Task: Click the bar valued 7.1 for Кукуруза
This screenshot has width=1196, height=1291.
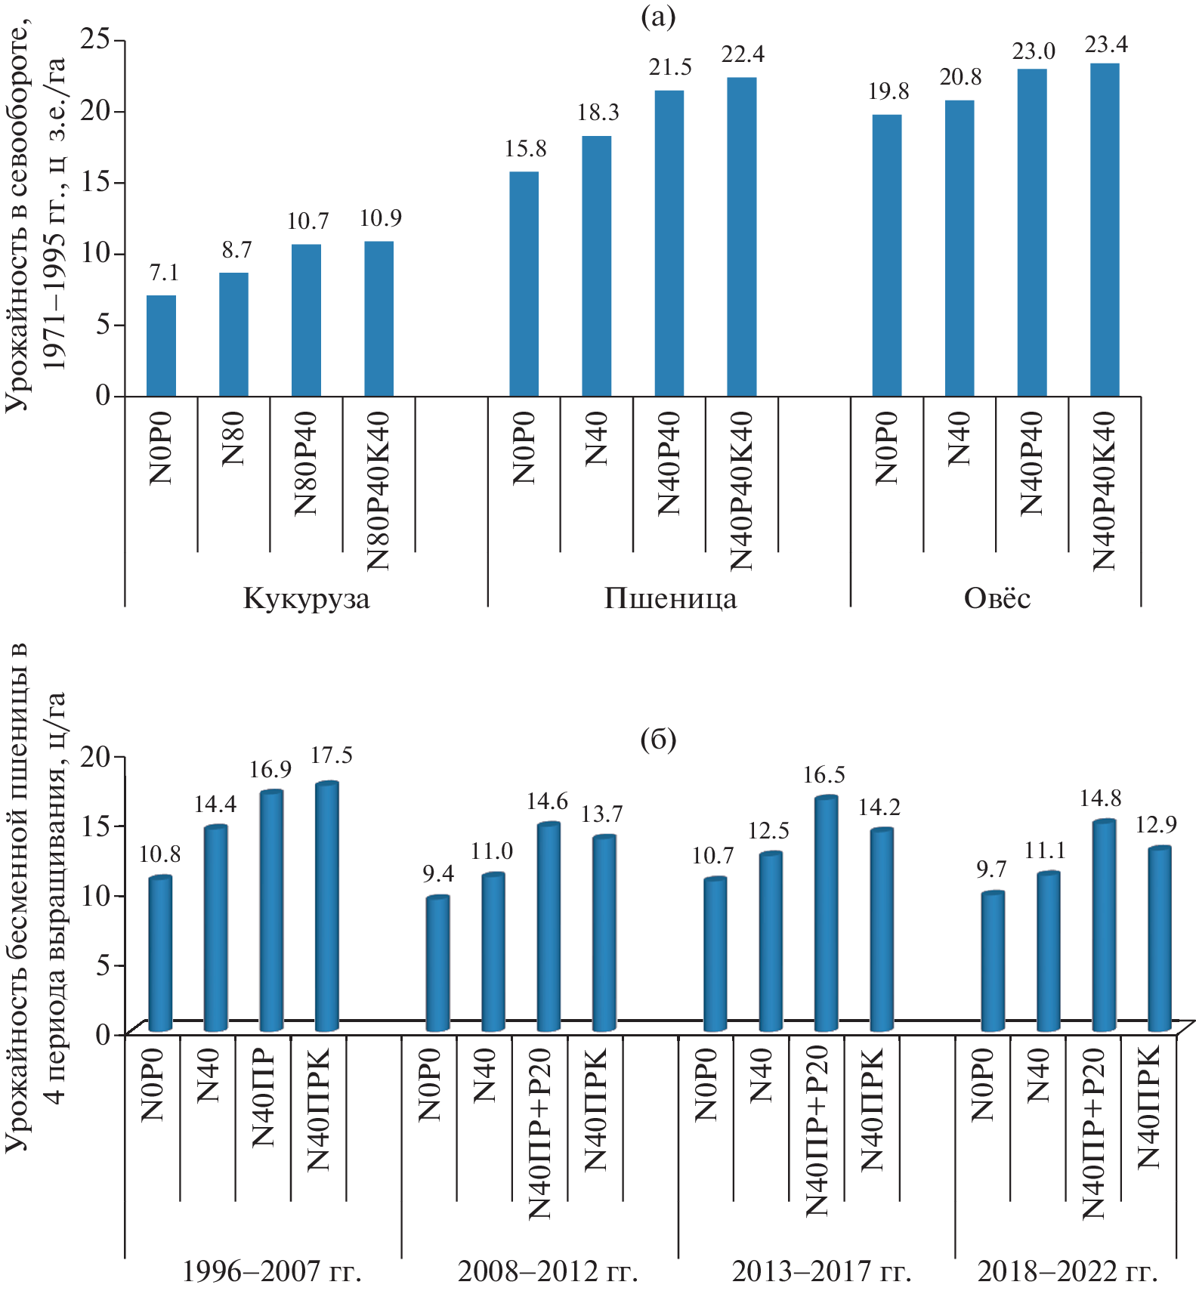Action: click(161, 346)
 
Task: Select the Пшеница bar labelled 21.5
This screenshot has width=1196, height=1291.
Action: click(669, 243)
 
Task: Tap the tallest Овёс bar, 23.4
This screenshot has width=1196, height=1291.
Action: click(1105, 230)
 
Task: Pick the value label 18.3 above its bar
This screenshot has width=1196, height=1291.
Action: click(598, 113)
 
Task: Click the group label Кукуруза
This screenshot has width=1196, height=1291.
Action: click(306, 598)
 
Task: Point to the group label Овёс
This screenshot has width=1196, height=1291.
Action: click(997, 598)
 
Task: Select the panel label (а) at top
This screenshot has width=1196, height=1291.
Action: click(657, 16)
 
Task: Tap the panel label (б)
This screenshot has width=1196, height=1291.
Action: click(657, 739)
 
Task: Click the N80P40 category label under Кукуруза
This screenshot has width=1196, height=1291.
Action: click(306, 463)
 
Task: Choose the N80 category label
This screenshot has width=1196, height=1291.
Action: click(233, 439)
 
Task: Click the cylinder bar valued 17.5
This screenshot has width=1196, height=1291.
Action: click(326, 906)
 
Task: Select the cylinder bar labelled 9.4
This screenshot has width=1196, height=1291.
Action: click(437, 964)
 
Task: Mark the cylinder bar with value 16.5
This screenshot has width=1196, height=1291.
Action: click(826, 914)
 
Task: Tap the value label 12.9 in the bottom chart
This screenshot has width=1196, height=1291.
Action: click(1156, 824)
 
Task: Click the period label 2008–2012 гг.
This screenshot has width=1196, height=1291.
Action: click(548, 1271)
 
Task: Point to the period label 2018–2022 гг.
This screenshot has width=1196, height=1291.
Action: click(1067, 1271)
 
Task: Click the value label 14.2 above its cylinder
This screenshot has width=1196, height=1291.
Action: click(879, 808)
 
